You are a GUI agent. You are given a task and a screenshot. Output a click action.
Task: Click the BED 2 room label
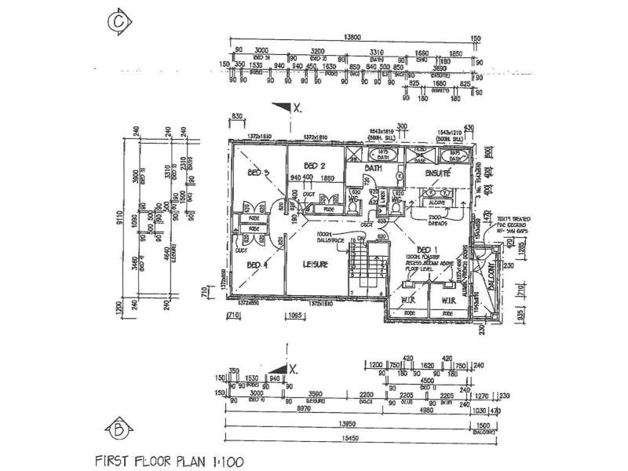315,166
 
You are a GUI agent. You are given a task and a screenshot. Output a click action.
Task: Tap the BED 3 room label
260,173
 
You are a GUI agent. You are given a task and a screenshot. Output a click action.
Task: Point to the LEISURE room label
315,265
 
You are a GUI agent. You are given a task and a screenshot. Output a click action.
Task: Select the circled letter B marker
117,429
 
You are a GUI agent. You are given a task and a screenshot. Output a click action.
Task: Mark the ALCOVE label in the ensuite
436,203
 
